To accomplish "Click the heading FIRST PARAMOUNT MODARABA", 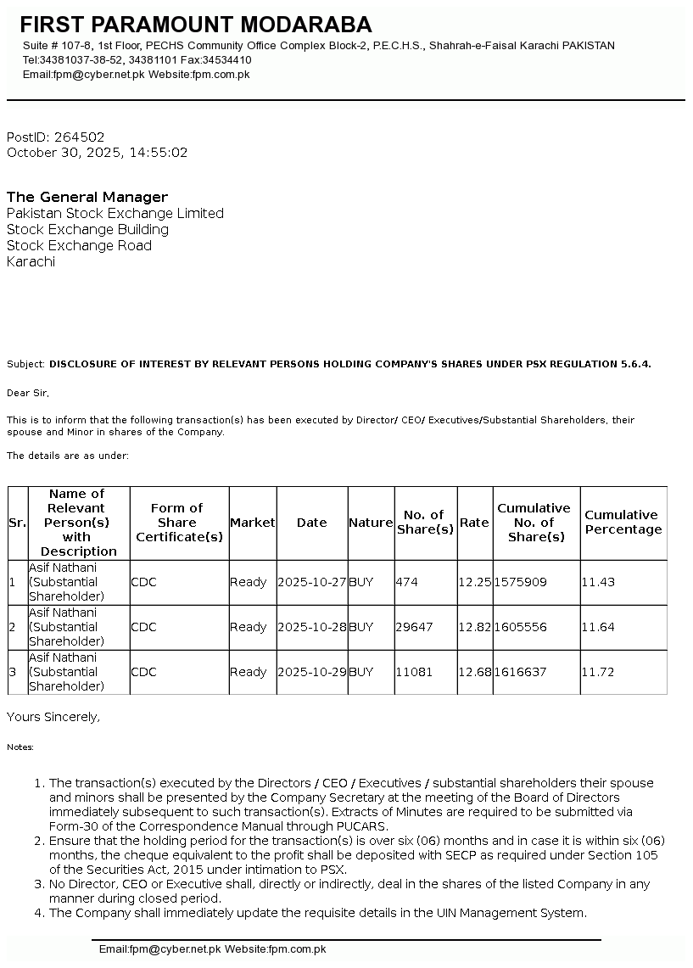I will pos(195,25).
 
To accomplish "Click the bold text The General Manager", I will pos(87,197).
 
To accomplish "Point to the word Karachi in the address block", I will pos(31,261).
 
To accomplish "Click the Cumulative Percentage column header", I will pos(623,523).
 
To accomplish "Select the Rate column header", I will pos(474,523).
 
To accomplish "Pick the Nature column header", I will pos(371,523).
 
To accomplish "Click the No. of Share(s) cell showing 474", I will pos(407,583).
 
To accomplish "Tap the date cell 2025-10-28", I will pos(311,628).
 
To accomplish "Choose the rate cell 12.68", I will pos(474,673).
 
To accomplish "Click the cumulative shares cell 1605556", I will pos(520,628).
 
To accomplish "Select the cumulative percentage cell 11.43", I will pos(597,583).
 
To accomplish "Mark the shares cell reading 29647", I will pos(414,628).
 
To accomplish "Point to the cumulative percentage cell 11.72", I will pos(597,673).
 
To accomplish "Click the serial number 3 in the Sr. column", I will pos(12,673).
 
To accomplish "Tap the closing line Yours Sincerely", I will pos(53,717).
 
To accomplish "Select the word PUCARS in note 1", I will pos(366,826).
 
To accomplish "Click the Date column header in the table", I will pos(311,523).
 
